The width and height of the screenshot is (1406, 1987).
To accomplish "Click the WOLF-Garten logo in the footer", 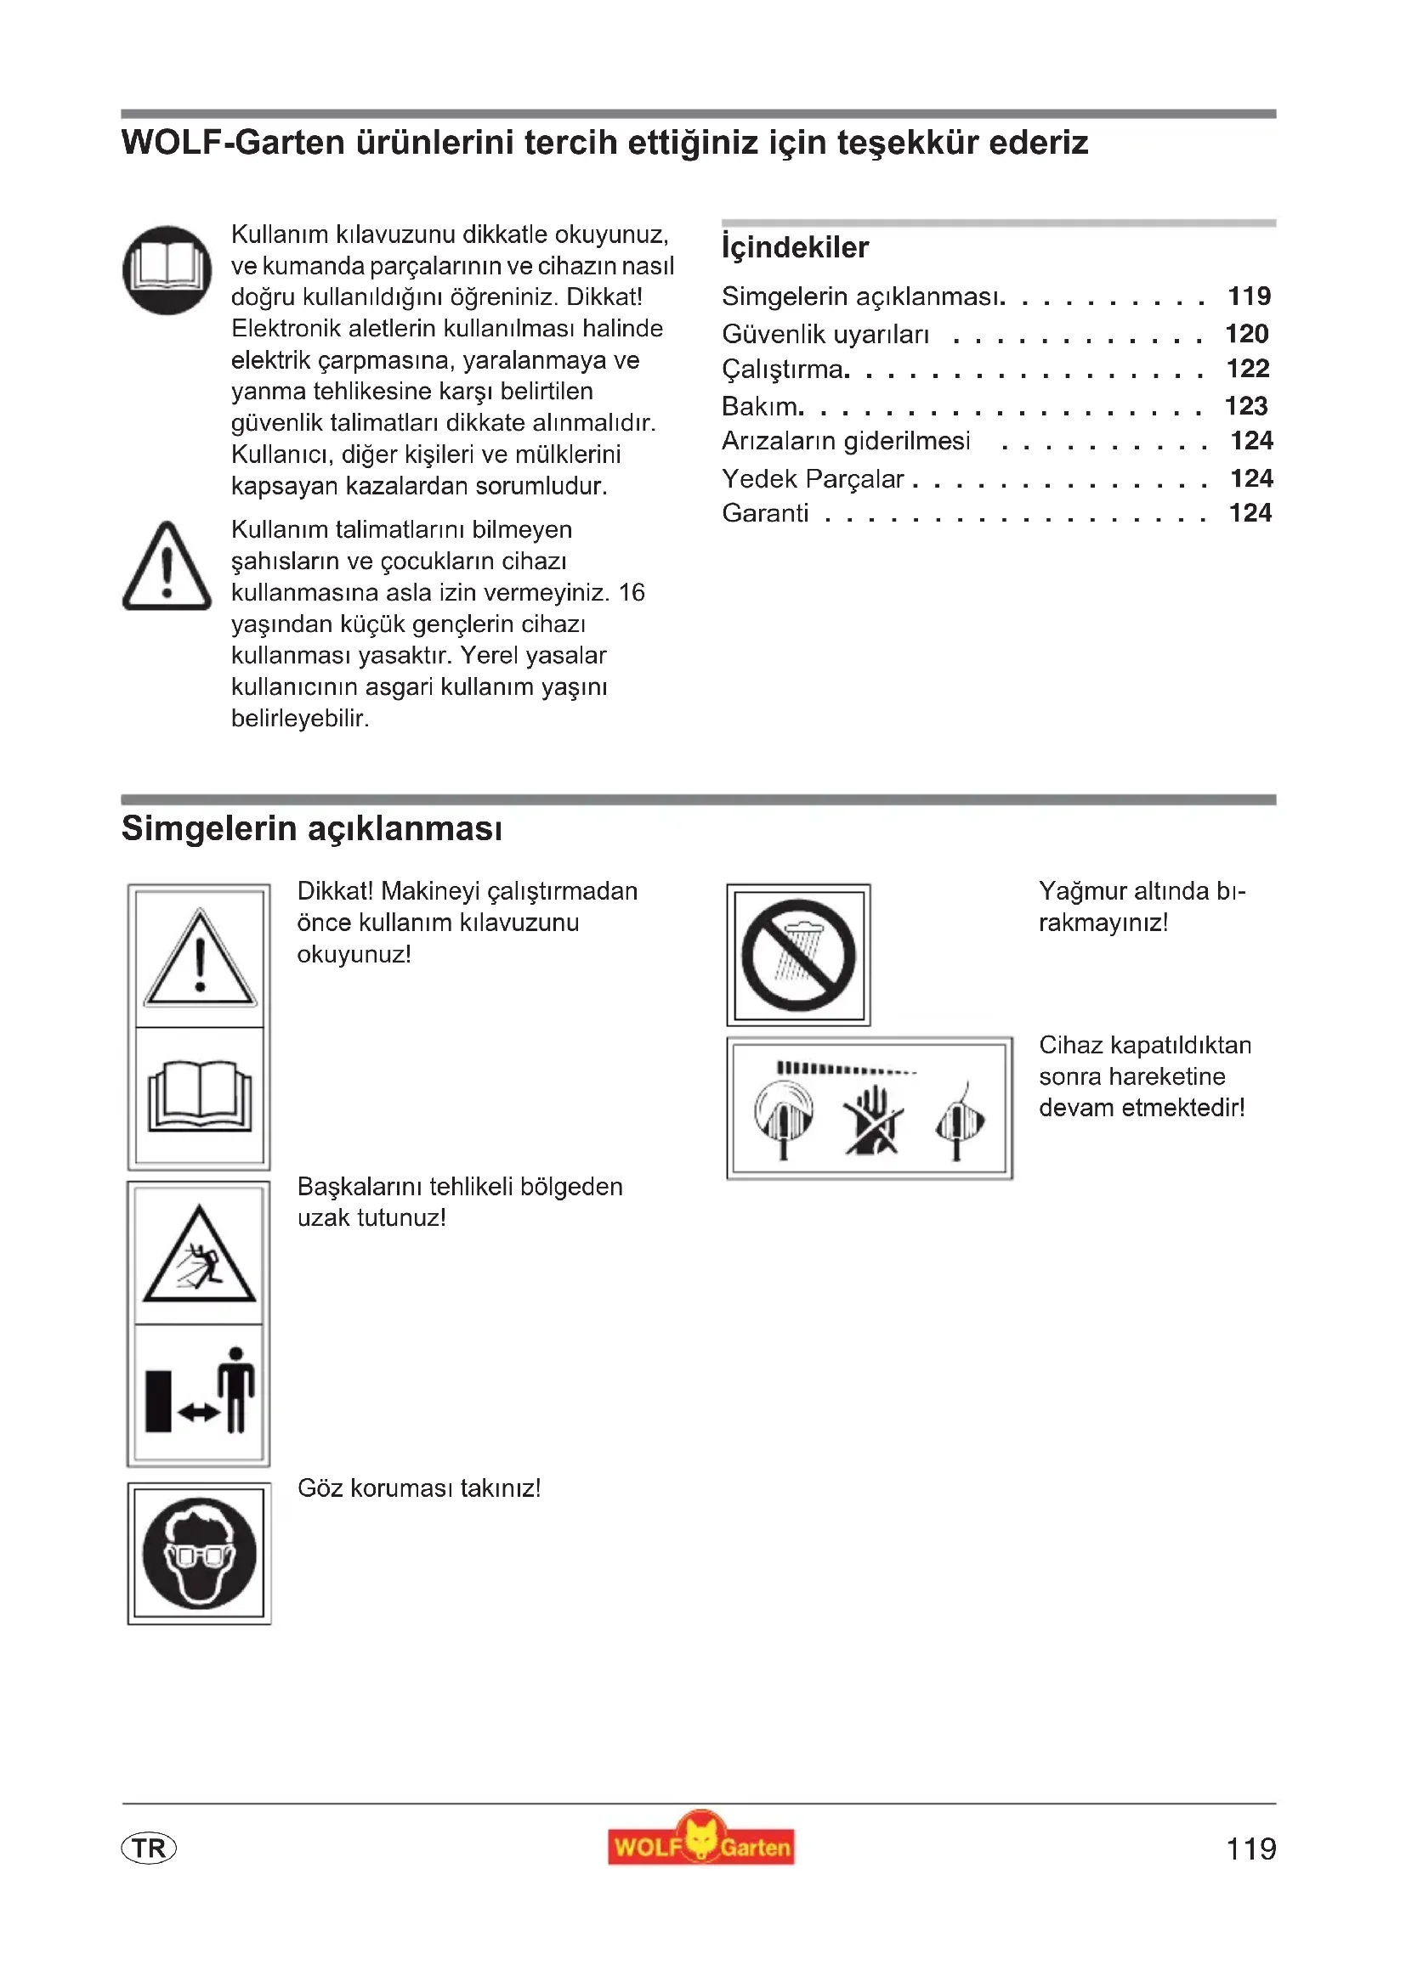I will [x=700, y=1847].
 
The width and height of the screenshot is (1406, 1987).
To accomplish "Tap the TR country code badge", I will [x=149, y=1849].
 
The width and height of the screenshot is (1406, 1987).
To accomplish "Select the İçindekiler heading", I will [x=795, y=247].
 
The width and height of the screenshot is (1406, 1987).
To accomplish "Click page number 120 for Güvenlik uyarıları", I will [x=1247, y=333].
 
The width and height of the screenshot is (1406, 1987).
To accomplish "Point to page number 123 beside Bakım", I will [x=1246, y=406].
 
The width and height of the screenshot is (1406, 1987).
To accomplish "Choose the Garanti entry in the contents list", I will [x=765, y=513].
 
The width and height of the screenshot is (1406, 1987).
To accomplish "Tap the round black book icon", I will [x=167, y=270].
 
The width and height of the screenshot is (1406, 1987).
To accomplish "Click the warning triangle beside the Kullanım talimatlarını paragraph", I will [x=167, y=567].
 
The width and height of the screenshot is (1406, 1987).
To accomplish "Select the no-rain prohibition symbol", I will [x=798, y=956].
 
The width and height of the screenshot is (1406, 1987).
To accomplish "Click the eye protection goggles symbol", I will [x=199, y=1554].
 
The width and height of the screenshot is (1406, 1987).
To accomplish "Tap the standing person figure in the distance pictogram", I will [x=236, y=1388].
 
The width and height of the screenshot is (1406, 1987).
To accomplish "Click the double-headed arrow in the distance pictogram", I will [x=198, y=1413].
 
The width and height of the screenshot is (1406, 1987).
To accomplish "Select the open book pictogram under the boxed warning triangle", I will [x=200, y=1097].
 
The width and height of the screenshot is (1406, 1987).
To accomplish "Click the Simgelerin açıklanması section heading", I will [x=312, y=828].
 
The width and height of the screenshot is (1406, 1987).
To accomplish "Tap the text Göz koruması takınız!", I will [x=419, y=1488].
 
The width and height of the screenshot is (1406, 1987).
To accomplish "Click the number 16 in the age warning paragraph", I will [x=631, y=593].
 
